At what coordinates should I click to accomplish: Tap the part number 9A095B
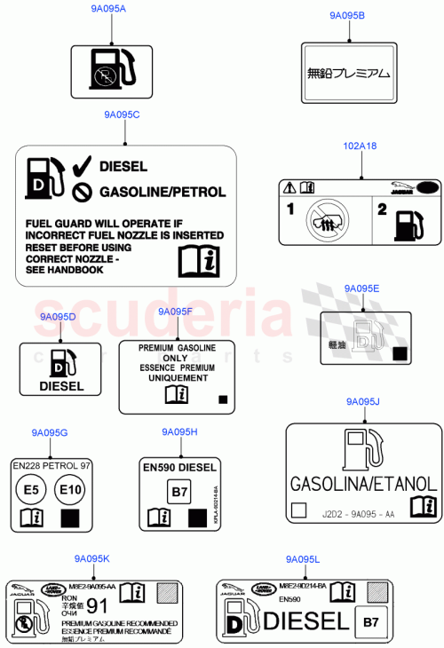347,16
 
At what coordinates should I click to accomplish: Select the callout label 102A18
360,146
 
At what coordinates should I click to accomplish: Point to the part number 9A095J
362,402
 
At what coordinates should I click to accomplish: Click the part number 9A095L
303,559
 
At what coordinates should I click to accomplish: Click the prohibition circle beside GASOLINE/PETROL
82,191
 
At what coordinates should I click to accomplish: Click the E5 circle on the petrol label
31,488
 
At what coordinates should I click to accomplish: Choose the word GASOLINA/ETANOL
362,484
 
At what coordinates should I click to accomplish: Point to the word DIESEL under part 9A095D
61,386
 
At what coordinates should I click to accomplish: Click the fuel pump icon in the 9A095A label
109,69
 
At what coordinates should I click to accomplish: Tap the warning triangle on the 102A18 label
289,187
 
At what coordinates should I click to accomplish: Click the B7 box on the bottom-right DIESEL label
370,621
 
